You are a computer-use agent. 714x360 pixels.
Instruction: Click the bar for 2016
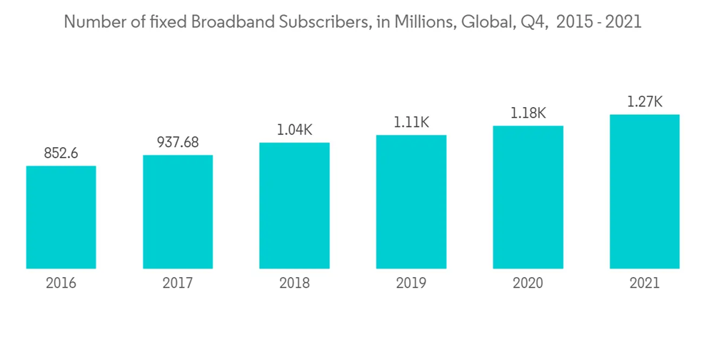[61, 217]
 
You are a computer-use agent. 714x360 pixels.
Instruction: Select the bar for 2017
[178, 211]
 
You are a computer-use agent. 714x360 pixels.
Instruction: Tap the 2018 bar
[294, 206]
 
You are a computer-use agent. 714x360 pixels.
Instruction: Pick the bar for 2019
[411, 201]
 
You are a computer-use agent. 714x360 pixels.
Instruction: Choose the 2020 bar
[528, 197]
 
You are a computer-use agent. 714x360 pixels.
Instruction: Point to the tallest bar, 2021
[644, 191]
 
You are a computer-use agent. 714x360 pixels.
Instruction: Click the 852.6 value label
[61, 153]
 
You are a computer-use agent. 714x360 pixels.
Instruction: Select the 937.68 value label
[178, 142]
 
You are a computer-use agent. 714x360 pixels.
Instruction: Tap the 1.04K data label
[294, 130]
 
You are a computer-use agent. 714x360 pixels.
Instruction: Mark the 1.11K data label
[411, 122]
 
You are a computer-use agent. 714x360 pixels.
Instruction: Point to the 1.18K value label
[528, 113]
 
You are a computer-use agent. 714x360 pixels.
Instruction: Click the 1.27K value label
[644, 101]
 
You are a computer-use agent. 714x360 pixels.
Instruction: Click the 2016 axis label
[61, 284]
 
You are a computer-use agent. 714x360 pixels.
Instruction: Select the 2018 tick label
[294, 284]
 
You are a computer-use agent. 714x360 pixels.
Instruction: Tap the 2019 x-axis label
[411, 284]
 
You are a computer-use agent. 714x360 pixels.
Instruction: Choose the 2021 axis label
[644, 284]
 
